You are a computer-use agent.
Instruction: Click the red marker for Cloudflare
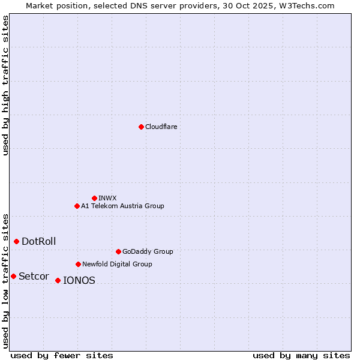(141, 127)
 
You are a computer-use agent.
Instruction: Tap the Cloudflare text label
(161, 127)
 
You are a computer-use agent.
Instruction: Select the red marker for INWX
(94, 198)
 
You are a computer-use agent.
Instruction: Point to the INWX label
(107, 198)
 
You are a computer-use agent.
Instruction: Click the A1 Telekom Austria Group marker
(77, 206)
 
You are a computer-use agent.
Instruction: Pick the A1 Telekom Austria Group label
(122, 206)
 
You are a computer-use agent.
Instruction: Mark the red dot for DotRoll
(16, 241)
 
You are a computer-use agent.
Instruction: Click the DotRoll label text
(39, 242)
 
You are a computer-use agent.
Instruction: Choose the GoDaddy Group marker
(118, 251)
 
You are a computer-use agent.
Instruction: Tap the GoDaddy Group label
(148, 251)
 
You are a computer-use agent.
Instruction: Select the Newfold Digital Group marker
(78, 264)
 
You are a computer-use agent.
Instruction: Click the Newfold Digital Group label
(117, 264)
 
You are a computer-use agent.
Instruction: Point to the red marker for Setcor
(13, 276)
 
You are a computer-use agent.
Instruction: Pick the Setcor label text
(34, 277)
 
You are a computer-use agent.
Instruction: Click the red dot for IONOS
(58, 280)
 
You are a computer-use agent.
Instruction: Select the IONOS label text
(79, 281)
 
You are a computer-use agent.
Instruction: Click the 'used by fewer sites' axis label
(62, 355)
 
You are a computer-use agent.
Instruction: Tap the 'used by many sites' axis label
(301, 355)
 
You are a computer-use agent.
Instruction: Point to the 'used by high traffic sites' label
(6, 85)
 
